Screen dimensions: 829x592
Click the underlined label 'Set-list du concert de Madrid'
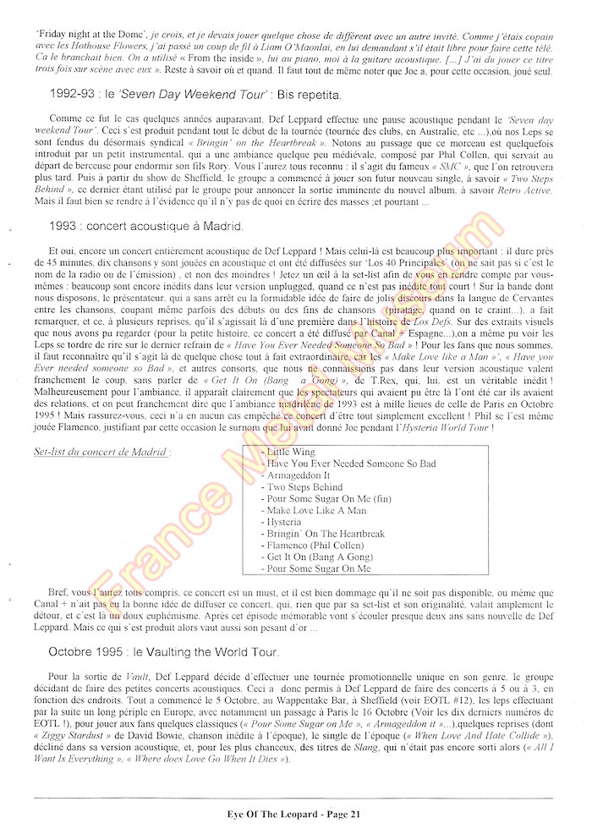tap(101, 453)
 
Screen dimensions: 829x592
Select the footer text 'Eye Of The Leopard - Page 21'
tap(295, 814)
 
